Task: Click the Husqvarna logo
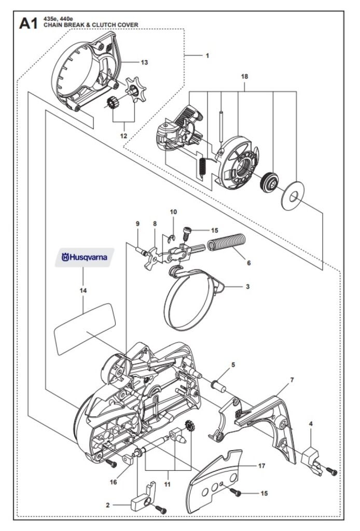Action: pos(85,257)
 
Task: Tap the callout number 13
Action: pos(144,62)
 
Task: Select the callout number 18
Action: pos(244,77)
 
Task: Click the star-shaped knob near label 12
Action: pos(135,90)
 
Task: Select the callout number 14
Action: pos(84,290)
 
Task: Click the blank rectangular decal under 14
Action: pos(85,329)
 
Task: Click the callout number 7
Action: pos(292,380)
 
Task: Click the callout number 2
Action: pos(108,505)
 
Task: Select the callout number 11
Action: pos(168,484)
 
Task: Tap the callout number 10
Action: pos(173,212)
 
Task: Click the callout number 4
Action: pos(311,424)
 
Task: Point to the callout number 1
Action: pos(207,55)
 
